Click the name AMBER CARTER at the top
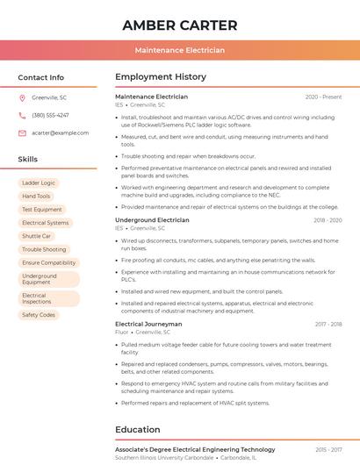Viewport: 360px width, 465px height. click(179, 25)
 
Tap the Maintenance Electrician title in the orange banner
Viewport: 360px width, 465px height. click(179, 51)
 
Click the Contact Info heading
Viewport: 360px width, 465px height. click(40, 77)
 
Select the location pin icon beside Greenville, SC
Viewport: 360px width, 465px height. click(22, 97)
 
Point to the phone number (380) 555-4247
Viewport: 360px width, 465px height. click(50, 115)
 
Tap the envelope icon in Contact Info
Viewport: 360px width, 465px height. click(22, 132)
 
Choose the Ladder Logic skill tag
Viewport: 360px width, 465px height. click(39, 183)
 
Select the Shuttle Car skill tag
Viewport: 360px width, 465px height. click(37, 236)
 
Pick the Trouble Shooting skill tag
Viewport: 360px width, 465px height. click(44, 249)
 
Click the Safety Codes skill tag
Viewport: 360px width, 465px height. click(39, 315)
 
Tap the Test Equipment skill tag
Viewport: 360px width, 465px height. click(42, 210)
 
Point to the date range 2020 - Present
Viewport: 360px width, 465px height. click(323, 97)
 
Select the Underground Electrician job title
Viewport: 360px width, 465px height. click(152, 220)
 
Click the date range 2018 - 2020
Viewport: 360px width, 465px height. click(327, 220)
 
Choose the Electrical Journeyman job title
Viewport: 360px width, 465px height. click(148, 324)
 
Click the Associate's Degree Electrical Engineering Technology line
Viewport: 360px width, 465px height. click(195, 449)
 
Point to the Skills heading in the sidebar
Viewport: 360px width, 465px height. click(28, 160)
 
